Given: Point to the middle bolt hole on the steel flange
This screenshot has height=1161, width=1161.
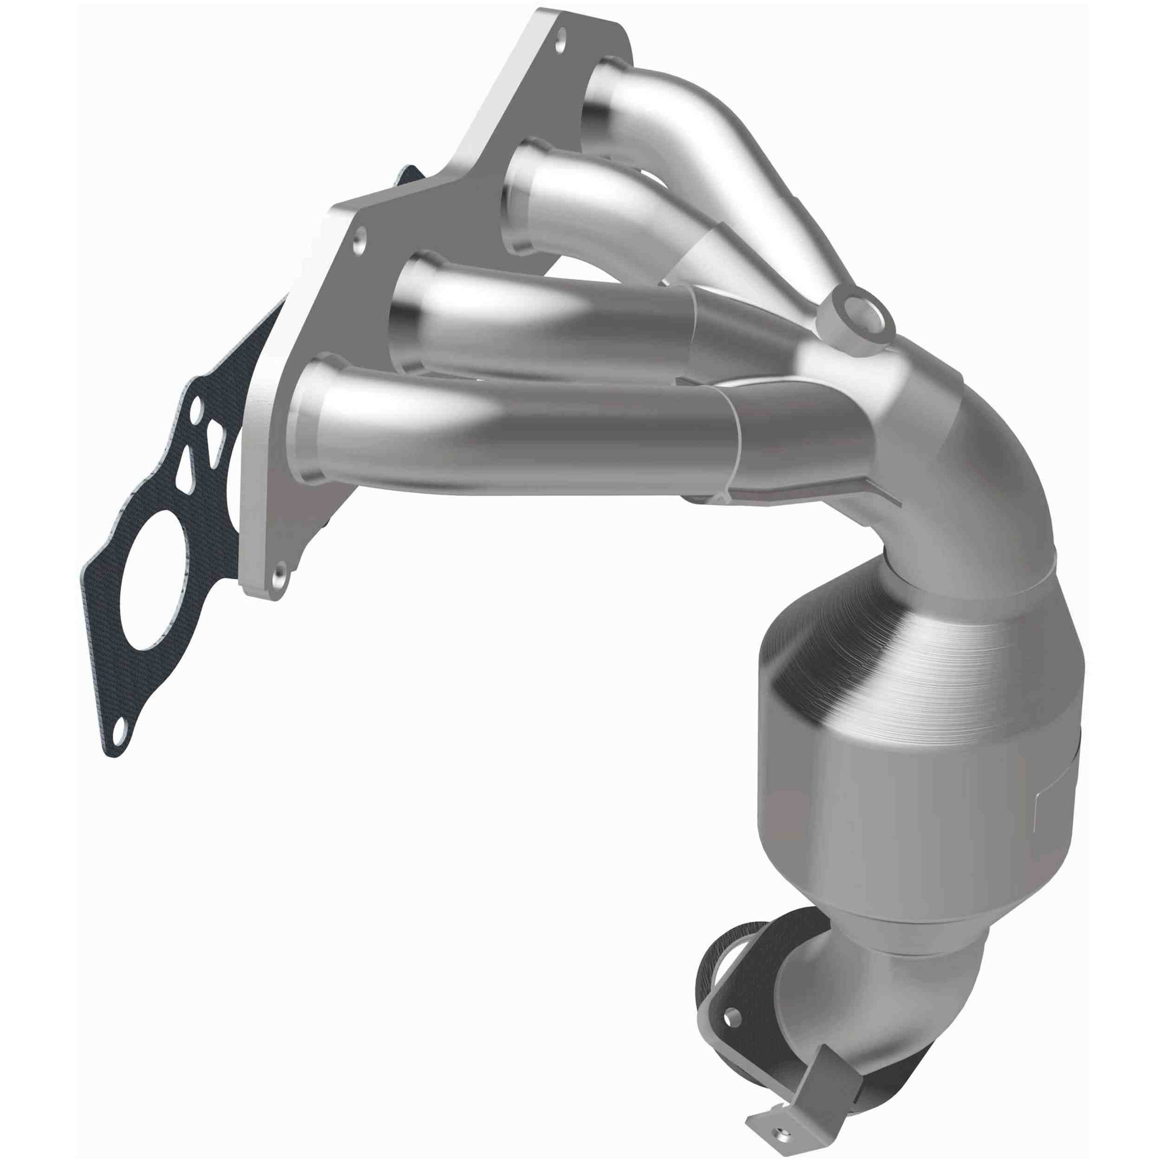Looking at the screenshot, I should coord(359,246).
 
